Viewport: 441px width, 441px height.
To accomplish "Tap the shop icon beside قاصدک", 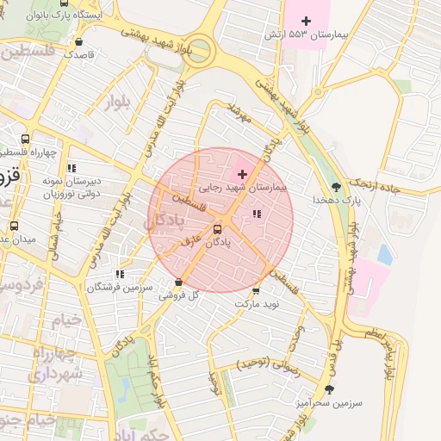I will [79, 40].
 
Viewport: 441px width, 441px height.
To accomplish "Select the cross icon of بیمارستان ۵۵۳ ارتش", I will [306, 20].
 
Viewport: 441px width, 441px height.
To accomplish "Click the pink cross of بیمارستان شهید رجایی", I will [241, 174].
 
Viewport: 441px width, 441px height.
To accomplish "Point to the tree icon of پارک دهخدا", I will [336, 186].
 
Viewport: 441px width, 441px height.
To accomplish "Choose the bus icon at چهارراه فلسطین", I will [25, 140].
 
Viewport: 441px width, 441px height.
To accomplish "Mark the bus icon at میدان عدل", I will [13, 227].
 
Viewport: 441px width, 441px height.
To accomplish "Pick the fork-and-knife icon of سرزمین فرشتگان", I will [118, 274].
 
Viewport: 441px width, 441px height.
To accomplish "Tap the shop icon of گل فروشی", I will [178, 282].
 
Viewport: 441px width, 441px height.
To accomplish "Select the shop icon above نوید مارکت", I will [256, 290].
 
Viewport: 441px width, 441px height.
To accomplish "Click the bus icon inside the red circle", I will [216, 229].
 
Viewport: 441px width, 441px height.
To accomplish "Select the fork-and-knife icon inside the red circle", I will [256, 213].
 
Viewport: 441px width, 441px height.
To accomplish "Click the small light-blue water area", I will [384, 255].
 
